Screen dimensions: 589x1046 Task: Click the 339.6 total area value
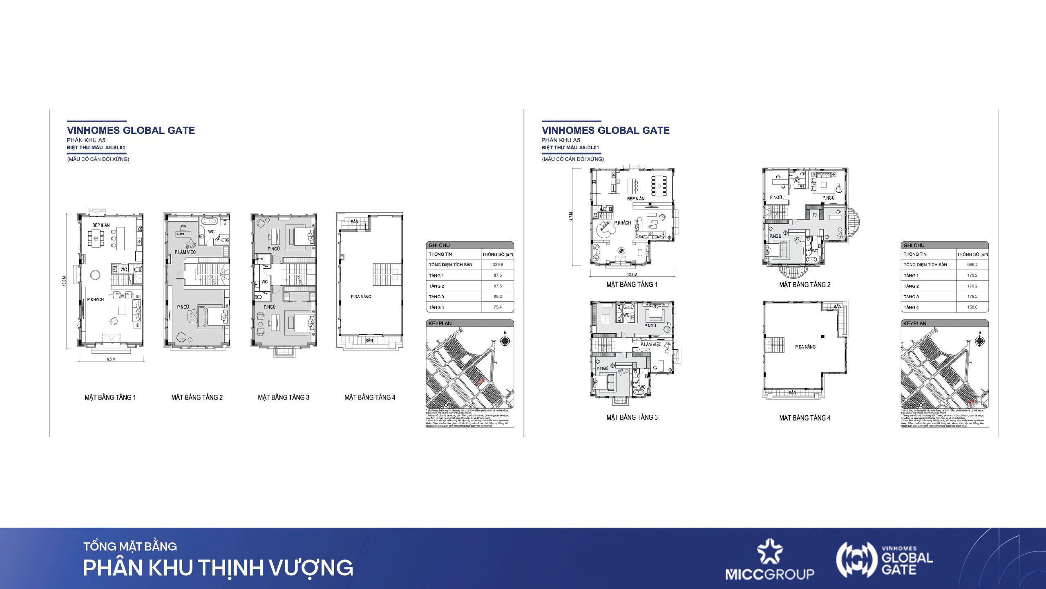(x=497, y=265)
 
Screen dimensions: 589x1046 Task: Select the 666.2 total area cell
(x=972, y=265)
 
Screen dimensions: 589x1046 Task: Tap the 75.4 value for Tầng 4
(x=497, y=307)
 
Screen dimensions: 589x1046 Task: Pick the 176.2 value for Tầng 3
(x=972, y=297)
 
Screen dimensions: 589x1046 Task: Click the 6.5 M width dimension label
(x=111, y=360)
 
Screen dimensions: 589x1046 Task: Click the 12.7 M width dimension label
(x=632, y=274)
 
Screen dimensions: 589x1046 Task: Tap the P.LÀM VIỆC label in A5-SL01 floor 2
(x=185, y=252)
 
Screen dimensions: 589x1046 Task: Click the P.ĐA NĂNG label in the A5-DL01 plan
(x=805, y=347)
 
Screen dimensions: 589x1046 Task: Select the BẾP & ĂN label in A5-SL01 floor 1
(x=101, y=225)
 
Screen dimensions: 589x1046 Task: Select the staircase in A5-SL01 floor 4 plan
(x=382, y=275)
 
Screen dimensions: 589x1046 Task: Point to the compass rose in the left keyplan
(x=505, y=341)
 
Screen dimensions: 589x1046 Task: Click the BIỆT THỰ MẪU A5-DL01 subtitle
(x=570, y=148)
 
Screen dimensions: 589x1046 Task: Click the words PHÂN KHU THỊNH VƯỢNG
(x=218, y=568)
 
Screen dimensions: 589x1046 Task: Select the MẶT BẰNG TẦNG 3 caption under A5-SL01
(x=283, y=397)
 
